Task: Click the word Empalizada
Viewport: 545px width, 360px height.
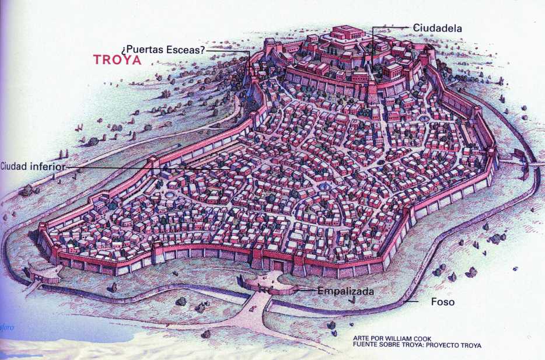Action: point(345,290)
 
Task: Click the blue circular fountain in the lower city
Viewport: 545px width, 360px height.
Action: point(322,187)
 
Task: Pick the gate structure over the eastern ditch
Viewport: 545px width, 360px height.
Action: point(518,155)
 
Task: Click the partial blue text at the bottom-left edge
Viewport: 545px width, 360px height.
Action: point(7,326)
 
